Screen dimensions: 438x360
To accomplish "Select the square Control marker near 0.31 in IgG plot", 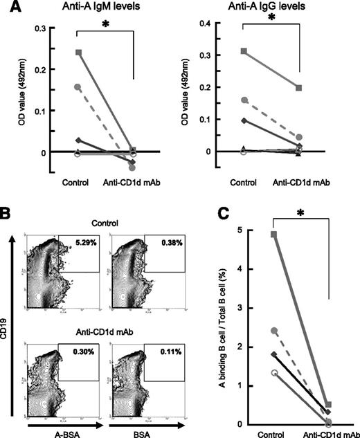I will [244, 51].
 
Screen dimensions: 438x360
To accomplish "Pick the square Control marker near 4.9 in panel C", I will [255, 235].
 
